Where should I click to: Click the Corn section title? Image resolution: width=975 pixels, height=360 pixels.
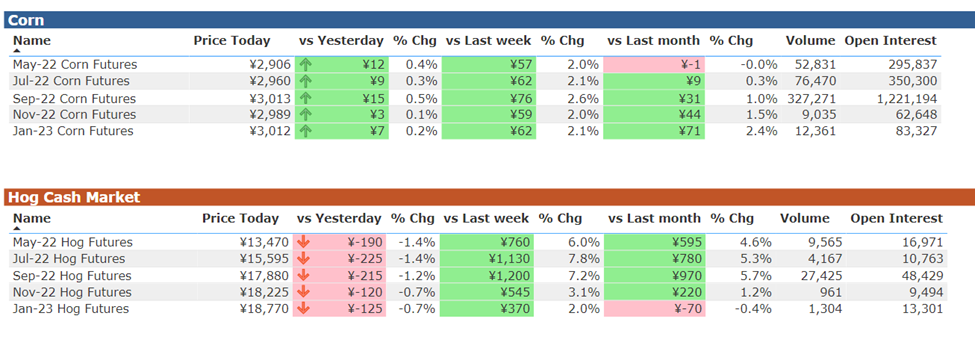tap(26, 21)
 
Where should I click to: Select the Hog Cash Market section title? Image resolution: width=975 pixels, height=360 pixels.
tap(74, 198)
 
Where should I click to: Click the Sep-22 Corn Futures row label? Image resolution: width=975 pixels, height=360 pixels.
tap(74, 98)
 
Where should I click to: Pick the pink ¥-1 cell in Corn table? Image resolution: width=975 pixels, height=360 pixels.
tap(654, 65)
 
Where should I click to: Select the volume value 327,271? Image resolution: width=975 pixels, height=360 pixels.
tap(811, 98)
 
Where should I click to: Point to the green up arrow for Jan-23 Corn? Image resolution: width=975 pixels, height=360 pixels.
tap(306, 131)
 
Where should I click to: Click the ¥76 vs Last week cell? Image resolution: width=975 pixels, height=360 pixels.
tap(488, 98)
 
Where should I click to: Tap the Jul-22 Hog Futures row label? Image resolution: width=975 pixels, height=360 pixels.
tap(69, 259)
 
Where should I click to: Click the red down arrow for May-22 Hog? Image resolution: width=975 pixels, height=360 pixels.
tap(303, 242)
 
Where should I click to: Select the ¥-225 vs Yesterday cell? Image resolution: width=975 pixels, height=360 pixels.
tap(339, 259)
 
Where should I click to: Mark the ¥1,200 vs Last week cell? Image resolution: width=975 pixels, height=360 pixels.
tap(486, 275)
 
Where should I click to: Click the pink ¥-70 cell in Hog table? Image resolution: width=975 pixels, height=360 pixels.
tap(654, 308)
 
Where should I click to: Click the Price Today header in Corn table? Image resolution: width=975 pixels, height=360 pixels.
tap(232, 41)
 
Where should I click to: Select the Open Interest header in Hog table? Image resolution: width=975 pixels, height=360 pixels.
tap(897, 218)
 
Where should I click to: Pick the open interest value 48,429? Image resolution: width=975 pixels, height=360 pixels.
tap(923, 275)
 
